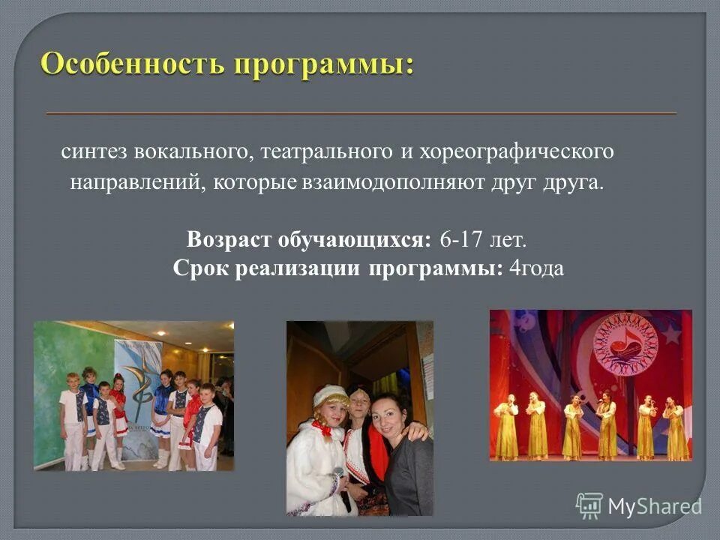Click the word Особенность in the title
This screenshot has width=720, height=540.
click(132, 64)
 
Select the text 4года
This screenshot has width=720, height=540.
click(535, 269)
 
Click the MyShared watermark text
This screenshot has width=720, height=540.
click(654, 506)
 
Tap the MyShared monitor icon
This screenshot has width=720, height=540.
click(589, 505)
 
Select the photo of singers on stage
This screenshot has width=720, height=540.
click(591, 385)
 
